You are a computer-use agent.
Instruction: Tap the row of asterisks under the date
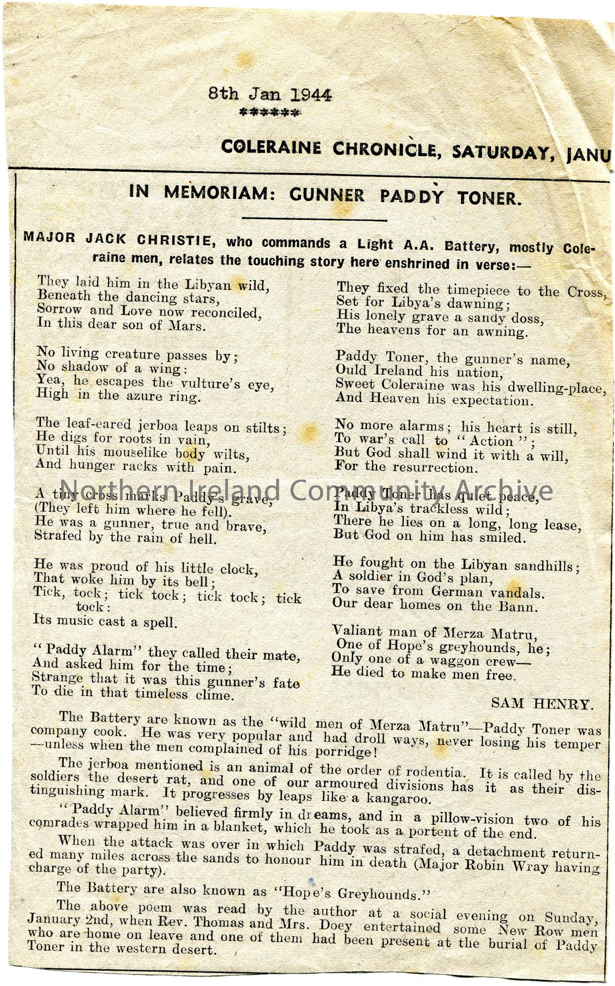[x=269, y=113]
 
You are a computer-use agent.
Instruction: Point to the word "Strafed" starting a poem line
[x=55, y=535]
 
